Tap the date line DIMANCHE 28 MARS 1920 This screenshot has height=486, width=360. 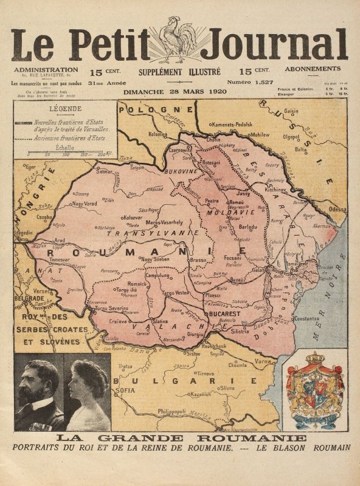(x=175, y=92)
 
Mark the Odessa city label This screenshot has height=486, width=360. (x=337, y=209)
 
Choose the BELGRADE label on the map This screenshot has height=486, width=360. (x=30, y=299)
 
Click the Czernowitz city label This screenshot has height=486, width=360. (x=180, y=149)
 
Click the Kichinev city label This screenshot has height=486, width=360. (x=275, y=189)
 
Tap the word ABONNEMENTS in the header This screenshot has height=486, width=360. (x=313, y=69)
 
